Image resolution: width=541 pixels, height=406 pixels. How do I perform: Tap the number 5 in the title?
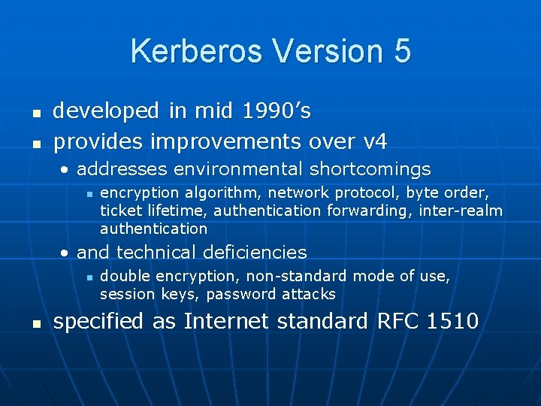(x=401, y=51)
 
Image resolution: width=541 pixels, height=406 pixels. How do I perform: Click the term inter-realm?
(x=461, y=211)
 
